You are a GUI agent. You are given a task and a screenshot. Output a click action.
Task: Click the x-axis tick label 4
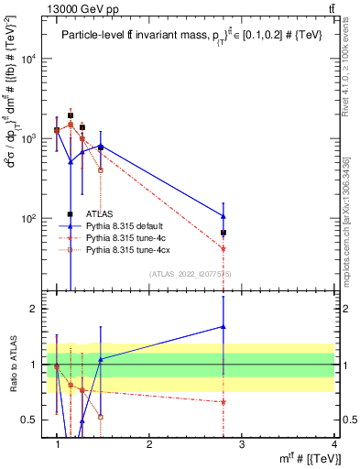click(x=334, y=443)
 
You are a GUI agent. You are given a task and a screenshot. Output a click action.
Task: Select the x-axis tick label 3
click(x=242, y=443)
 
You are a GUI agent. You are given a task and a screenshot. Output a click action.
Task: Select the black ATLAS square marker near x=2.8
click(x=224, y=233)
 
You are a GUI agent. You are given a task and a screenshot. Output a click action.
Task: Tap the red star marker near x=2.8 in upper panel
click(x=224, y=249)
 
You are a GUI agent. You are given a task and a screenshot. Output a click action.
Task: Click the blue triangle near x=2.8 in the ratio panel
click(x=224, y=326)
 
